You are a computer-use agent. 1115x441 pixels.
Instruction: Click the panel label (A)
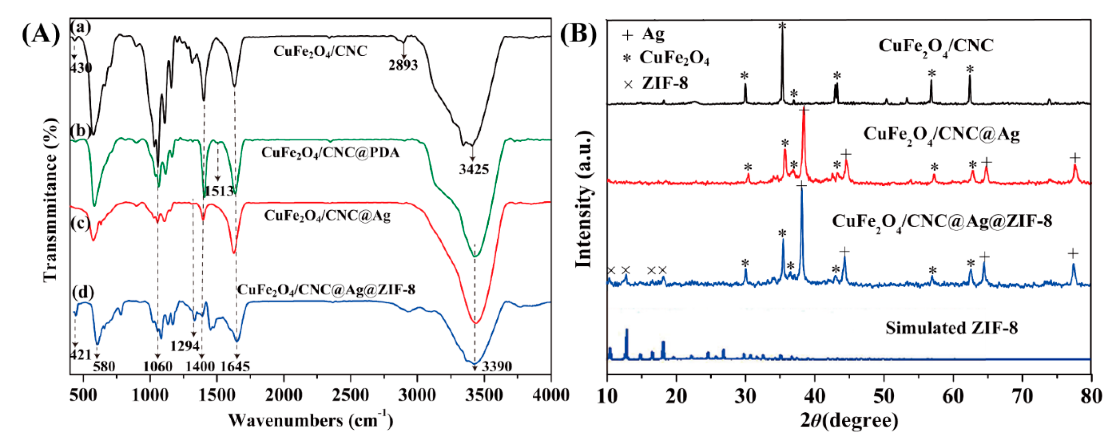tap(41, 35)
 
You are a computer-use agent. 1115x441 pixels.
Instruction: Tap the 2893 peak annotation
tap(403, 65)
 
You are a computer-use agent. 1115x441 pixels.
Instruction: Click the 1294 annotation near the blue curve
tap(185, 346)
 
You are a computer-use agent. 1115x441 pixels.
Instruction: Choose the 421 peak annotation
tap(80, 355)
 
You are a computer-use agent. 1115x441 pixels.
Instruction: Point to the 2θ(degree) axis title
tap(849, 420)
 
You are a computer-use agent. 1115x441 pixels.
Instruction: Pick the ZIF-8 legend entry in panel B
tap(664, 83)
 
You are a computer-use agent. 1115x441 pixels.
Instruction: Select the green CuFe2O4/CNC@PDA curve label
tap(330, 153)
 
